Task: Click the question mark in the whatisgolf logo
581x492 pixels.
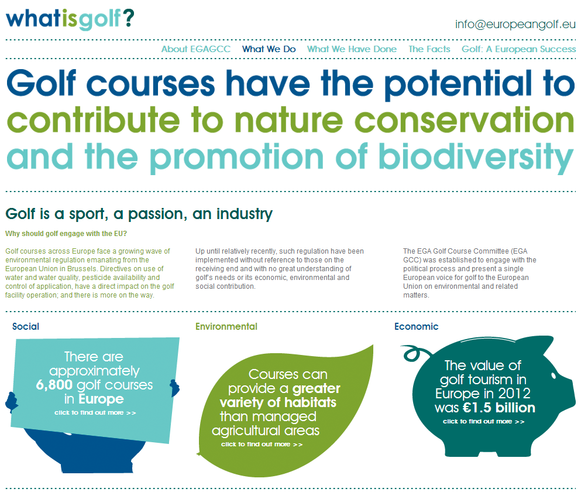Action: [128, 19]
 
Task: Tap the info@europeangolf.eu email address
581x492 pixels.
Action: [515, 25]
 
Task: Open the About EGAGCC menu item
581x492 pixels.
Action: [195, 49]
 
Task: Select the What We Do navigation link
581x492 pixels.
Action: [269, 49]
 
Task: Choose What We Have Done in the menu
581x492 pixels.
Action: [352, 49]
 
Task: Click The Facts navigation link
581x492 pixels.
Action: [429, 49]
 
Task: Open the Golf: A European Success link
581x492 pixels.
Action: [518, 49]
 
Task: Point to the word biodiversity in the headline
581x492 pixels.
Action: [476, 158]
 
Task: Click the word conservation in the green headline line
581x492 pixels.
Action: [465, 120]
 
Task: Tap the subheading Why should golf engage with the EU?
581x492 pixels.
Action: [66, 233]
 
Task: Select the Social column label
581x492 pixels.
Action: [26, 326]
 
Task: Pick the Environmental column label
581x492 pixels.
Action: [226, 326]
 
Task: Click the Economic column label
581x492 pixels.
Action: [416, 326]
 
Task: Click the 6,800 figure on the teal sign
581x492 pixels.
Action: [54, 385]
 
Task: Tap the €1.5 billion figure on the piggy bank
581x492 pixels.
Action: [499, 408]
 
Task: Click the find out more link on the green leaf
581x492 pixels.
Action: [262, 444]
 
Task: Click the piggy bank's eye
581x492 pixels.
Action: [554, 376]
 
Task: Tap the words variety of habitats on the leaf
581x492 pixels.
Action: [278, 402]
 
